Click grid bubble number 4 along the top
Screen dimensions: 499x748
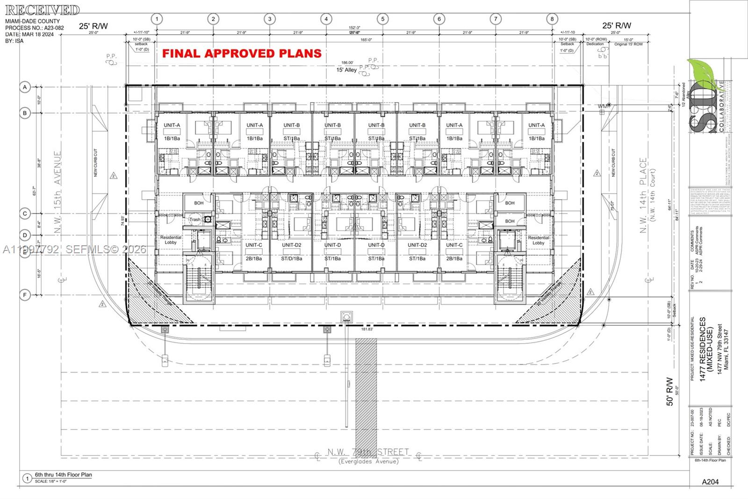click(326, 19)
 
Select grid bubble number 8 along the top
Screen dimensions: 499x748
click(552, 19)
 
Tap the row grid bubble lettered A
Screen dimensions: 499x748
click(25, 87)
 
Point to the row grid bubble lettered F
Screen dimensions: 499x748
click(25, 295)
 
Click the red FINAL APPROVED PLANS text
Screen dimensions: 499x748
click(242, 53)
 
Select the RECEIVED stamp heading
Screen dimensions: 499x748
click(43, 10)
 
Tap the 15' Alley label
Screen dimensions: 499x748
click(346, 70)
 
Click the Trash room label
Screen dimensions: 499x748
click(194, 220)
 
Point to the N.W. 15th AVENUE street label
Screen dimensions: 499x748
click(58, 192)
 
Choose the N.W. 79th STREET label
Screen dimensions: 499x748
click(368, 452)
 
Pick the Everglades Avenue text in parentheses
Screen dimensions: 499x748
click(368, 462)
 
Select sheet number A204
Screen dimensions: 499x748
click(710, 482)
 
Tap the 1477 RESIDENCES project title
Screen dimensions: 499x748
click(703, 349)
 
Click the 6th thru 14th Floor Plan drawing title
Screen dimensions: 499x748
click(63, 475)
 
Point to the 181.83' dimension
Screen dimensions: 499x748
click(367, 329)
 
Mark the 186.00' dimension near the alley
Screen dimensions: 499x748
click(347, 62)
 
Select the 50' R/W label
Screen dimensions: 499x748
click(669, 391)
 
